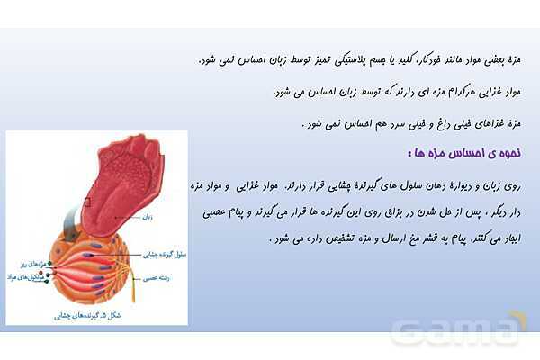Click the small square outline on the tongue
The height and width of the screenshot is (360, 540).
(x=86, y=202)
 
